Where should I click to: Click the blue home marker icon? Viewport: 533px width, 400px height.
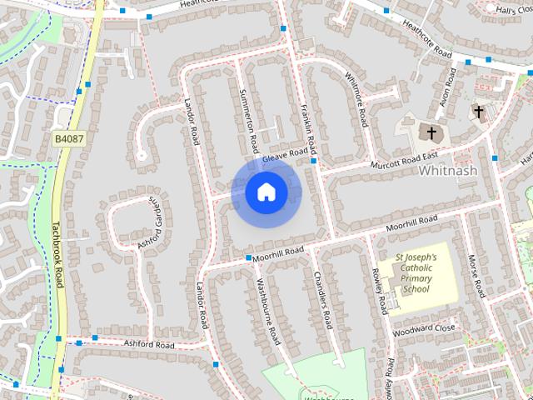tap(266, 192)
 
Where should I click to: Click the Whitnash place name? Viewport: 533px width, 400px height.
tap(448, 170)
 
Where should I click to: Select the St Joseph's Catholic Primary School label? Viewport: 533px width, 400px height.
tap(416, 273)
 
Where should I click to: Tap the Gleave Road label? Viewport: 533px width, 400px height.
tap(285, 156)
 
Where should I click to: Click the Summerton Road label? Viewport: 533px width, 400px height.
tap(247, 121)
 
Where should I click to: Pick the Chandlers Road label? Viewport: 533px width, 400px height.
tap(322, 297)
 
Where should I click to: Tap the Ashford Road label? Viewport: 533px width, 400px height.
tap(149, 344)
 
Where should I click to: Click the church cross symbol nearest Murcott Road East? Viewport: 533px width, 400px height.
tap(431, 132)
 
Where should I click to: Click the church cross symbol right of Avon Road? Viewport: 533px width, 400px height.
tap(479, 111)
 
